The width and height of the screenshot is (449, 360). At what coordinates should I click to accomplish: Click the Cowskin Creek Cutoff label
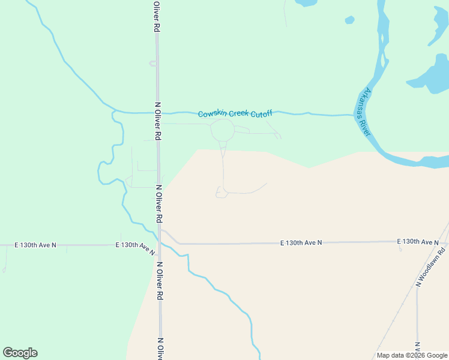point(235,113)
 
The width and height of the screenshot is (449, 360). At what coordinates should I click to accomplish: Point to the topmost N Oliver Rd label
point(156,17)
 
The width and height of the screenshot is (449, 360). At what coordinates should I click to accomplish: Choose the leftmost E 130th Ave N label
point(35,245)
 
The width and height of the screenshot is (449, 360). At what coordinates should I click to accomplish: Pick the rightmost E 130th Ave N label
point(418,241)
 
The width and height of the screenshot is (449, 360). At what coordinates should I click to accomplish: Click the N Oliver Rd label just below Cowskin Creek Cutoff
point(158,121)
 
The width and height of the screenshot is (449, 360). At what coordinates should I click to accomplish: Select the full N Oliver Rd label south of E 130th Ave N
point(160,281)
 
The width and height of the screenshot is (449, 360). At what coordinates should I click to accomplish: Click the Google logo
point(20,353)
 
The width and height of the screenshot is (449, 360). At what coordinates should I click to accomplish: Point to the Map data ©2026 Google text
point(411,355)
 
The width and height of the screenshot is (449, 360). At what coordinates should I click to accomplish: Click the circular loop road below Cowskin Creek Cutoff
point(222,129)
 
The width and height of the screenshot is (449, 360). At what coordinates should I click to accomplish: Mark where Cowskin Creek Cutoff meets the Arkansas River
point(354,115)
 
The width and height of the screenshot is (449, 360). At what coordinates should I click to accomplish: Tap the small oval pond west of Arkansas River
point(349,20)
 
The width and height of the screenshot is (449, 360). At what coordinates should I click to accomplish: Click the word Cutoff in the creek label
point(261,113)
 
